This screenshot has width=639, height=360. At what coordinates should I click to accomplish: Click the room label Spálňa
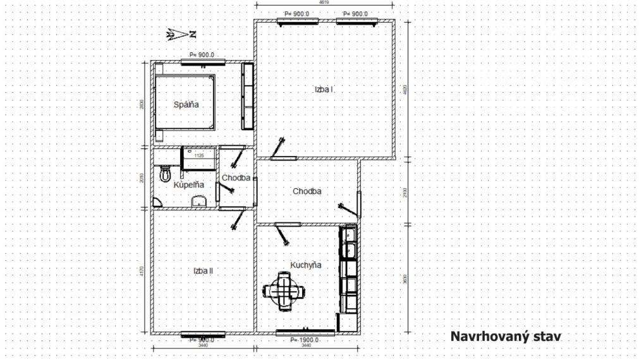point(186,105)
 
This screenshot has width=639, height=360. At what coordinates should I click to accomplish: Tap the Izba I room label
point(324,90)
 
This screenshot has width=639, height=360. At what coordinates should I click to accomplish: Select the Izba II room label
point(203,270)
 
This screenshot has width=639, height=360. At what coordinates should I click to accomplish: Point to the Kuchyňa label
point(305,265)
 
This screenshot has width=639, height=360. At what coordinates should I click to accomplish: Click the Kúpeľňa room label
point(188,185)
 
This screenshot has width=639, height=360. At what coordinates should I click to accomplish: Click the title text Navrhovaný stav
point(505,337)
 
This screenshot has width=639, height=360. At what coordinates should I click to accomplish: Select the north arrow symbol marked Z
point(181,34)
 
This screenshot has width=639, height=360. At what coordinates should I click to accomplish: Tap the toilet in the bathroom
point(165,172)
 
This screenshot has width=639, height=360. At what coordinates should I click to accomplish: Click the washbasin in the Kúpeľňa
point(198,201)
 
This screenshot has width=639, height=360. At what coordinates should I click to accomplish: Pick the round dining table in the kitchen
point(285,291)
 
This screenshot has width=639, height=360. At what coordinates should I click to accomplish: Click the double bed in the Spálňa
point(185,102)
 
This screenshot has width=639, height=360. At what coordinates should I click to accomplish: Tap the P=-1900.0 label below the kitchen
point(305,340)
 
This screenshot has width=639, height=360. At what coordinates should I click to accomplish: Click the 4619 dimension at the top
point(324,3)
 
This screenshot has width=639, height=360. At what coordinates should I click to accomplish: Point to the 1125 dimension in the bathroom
point(198,155)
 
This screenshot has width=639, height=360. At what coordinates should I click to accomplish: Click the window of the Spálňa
point(202,61)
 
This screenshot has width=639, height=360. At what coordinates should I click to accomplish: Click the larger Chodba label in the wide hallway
point(307,191)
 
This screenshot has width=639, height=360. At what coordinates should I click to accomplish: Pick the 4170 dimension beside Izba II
point(143,272)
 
